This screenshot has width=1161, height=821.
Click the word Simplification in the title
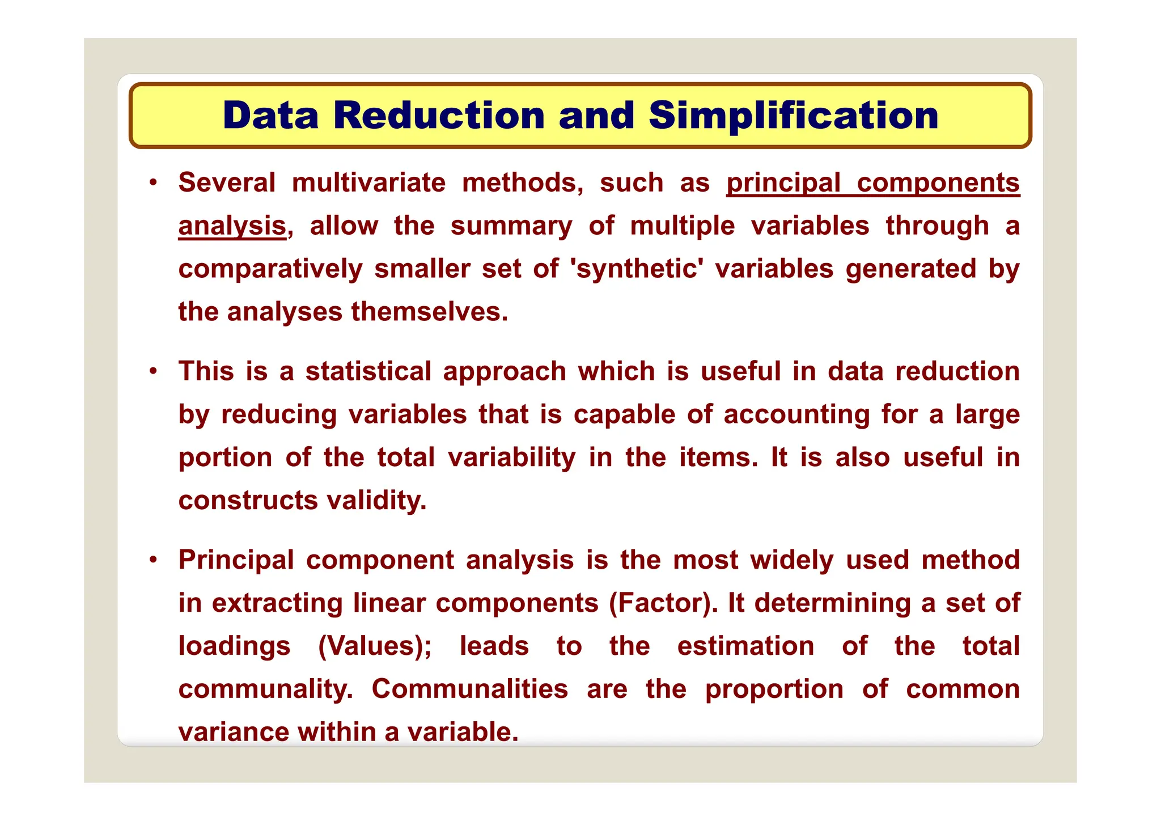(793, 116)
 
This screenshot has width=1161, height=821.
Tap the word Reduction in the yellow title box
(439, 116)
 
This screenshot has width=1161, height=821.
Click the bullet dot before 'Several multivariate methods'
(152, 183)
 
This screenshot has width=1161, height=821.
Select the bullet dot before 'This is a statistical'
(152, 372)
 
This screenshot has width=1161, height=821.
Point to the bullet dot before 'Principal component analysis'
(152, 560)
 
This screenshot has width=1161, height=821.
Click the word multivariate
(368, 183)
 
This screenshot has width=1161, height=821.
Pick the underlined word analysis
(232, 226)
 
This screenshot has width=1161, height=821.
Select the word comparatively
(270, 269)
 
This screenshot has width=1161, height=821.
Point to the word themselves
(429, 312)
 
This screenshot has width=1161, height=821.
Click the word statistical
(368, 372)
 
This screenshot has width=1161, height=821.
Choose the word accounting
(796, 414)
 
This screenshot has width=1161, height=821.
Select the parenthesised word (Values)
(375, 646)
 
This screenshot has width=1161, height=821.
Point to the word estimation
(745, 646)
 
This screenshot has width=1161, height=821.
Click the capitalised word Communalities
(469, 689)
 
